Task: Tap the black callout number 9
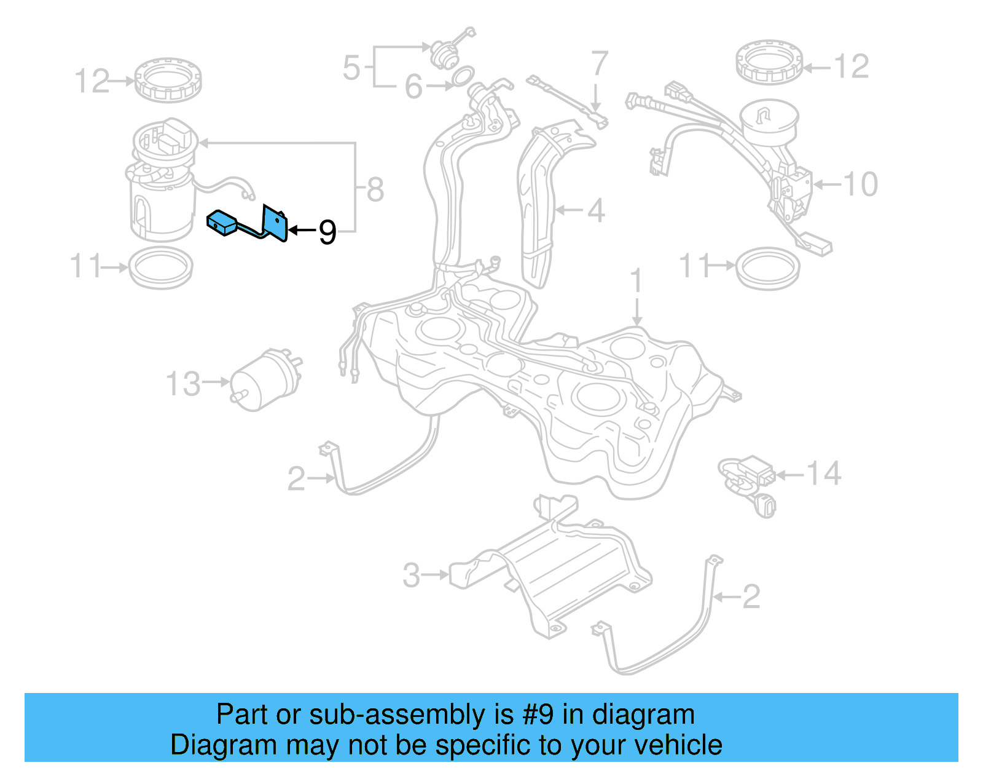click(327, 232)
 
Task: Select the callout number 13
click(182, 384)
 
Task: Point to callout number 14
click(823, 473)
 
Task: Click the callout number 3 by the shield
click(411, 576)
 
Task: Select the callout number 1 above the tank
click(636, 280)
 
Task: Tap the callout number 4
click(596, 210)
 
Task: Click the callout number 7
click(599, 64)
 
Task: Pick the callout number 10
click(860, 184)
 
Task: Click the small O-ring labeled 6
click(463, 75)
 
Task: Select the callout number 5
click(351, 67)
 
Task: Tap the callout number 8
click(375, 189)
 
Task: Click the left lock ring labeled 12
click(168, 80)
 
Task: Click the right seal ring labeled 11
click(767, 267)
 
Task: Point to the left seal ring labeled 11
click(160, 267)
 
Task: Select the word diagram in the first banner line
click(643, 715)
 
